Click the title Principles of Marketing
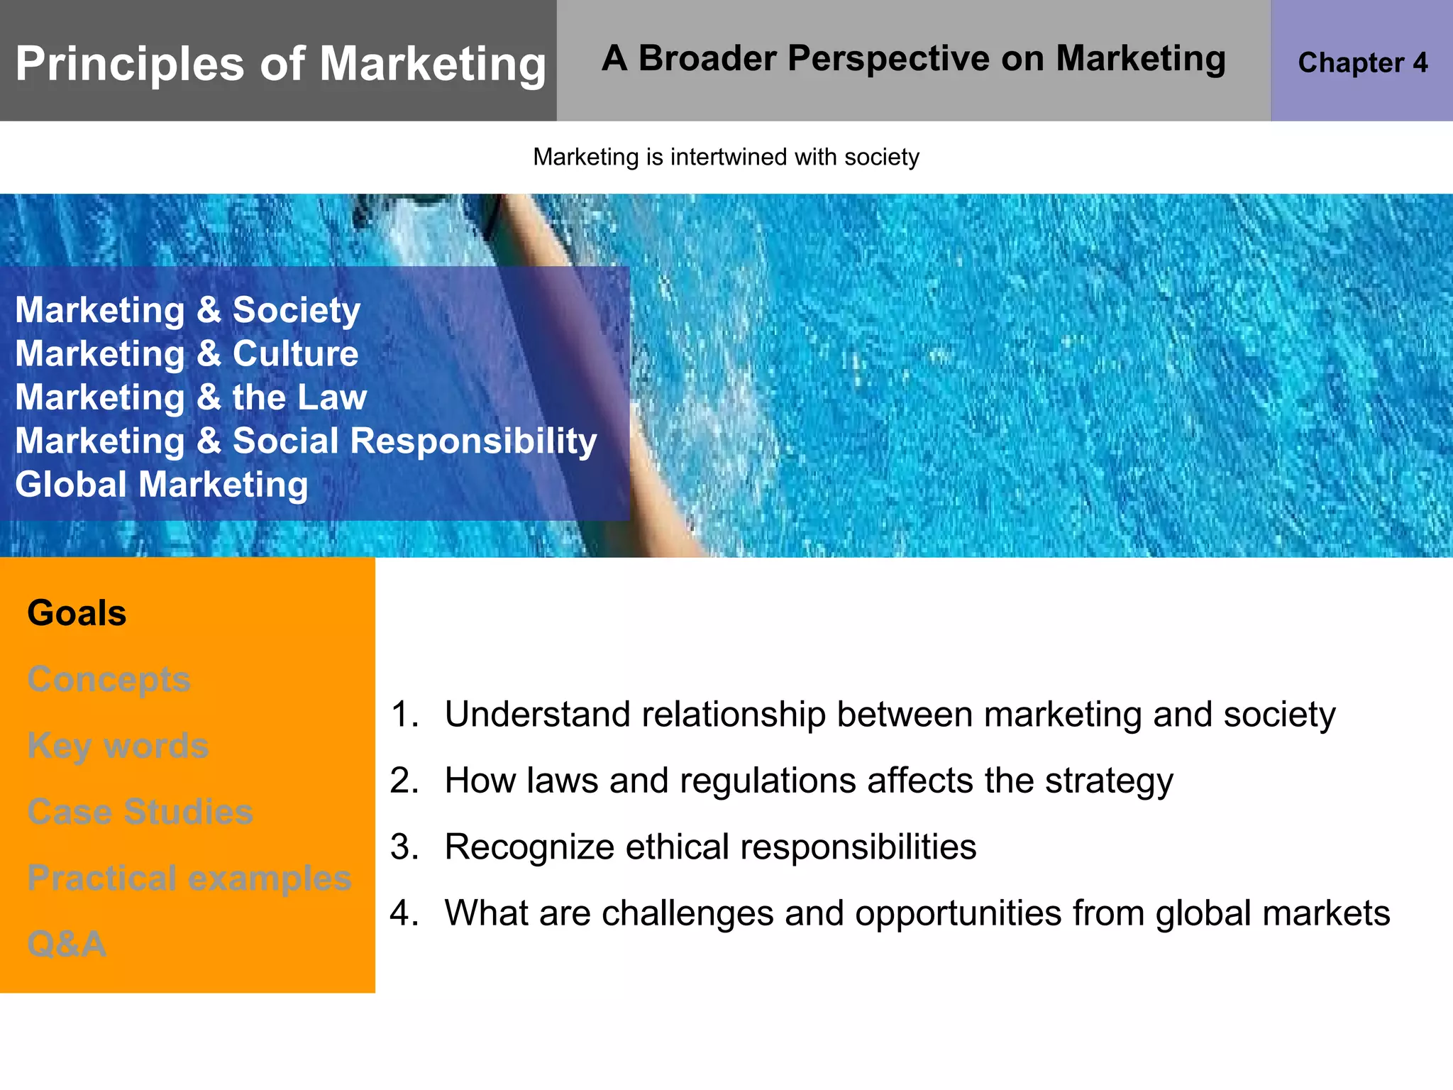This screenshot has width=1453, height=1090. (x=280, y=64)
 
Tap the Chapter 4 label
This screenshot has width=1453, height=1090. (x=1362, y=62)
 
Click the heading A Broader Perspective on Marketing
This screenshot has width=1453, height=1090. (x=913, y=58)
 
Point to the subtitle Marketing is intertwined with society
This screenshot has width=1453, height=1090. (x=726, y=157)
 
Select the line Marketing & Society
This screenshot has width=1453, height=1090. (x=188, y=310)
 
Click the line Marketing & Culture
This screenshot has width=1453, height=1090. (x=187, y=353)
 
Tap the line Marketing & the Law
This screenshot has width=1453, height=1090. (x=191, y=397)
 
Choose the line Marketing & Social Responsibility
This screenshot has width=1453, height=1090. (x=306, y=441)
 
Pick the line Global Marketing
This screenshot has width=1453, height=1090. (x=162, y=485)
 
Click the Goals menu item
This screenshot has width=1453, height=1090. (x=77, y=613)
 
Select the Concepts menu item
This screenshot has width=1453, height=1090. (x=109, y=679)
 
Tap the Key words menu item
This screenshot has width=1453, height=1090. (x=118, y=746)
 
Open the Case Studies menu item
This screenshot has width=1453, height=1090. (x=140, y=812)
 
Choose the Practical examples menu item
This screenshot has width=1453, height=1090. (x=189, y=878)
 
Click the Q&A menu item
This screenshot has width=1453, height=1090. (x=67, y=944)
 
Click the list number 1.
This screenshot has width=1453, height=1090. (x=404, y=714)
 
